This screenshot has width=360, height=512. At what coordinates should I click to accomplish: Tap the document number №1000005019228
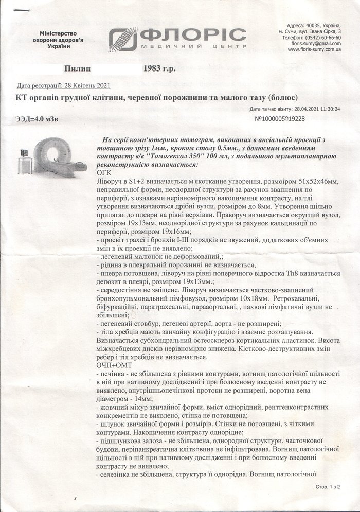point(280,119)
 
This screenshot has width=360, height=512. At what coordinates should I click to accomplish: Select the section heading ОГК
point(104,172)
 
